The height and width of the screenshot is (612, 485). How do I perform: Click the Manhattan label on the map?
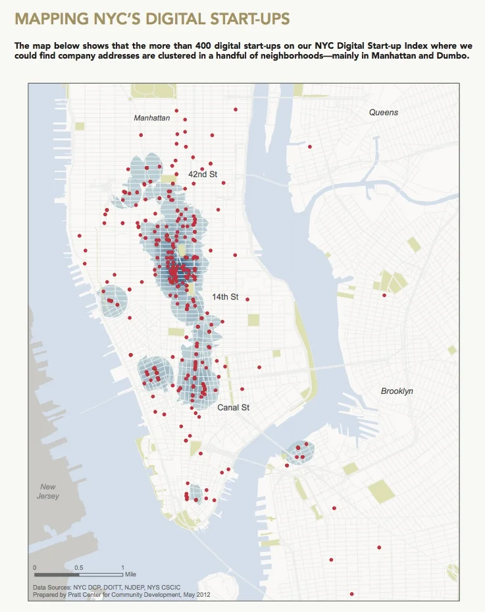(151, 118)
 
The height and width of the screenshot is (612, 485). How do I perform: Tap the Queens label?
(383, 113)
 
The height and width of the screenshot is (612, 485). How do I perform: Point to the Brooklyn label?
(397, 391)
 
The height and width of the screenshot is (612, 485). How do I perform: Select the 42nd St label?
(202, 175)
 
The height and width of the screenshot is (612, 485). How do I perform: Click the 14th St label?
(224, 297)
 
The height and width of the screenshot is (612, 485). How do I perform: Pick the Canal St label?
(233, 408)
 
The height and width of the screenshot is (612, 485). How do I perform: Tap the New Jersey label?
(48, 491)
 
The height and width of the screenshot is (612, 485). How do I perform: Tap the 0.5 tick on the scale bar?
(78, 567)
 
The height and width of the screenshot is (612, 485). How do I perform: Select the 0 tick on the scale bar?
(34, 567)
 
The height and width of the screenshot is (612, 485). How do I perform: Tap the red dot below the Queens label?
(309, 146)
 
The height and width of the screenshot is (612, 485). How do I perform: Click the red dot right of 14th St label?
(247, 300)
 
